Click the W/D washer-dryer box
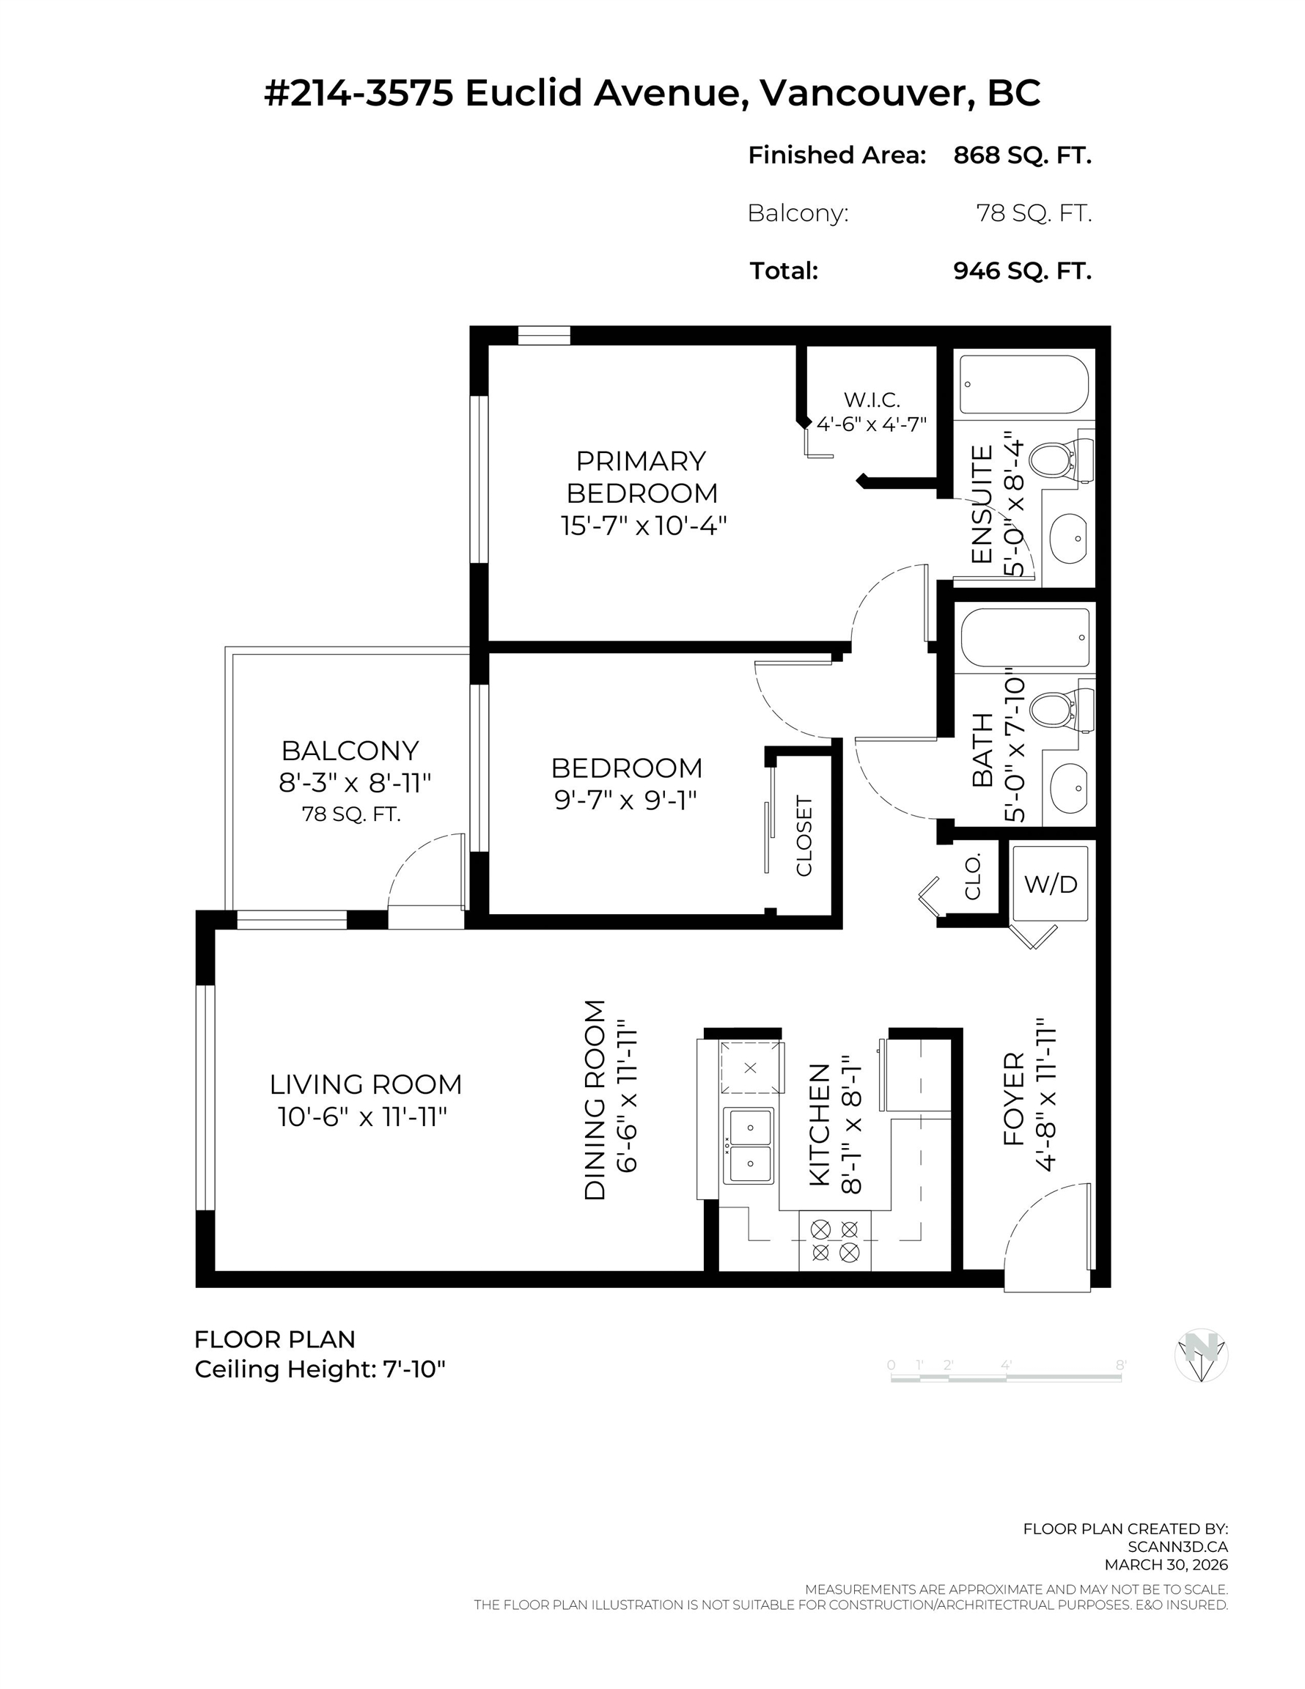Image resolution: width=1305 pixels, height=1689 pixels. (1049, 883)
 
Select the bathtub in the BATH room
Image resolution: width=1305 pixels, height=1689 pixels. (1024, 637)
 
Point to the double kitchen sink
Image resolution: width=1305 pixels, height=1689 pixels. (748, 1146)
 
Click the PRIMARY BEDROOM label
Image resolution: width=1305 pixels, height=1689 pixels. (642, 476)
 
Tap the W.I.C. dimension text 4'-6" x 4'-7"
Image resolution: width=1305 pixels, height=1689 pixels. (871, 424)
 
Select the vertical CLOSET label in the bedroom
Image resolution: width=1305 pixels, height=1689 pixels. (804, 836)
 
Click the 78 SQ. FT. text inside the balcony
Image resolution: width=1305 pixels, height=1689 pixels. (351, 814)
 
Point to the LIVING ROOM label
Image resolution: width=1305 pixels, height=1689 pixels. (365, 1084)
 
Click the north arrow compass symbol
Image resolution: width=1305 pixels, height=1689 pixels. (1201, 1355)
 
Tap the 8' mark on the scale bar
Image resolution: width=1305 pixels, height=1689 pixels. (1120, 1366)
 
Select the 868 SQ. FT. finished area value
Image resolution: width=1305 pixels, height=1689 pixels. (1021, 155)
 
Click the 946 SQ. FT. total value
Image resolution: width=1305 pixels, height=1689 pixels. (1021, 271)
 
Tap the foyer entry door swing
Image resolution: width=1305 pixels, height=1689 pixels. (1046, 1237)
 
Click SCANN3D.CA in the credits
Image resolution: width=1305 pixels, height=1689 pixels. (1177, 1547)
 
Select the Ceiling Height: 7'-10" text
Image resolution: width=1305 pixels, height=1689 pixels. (320, 1369)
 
